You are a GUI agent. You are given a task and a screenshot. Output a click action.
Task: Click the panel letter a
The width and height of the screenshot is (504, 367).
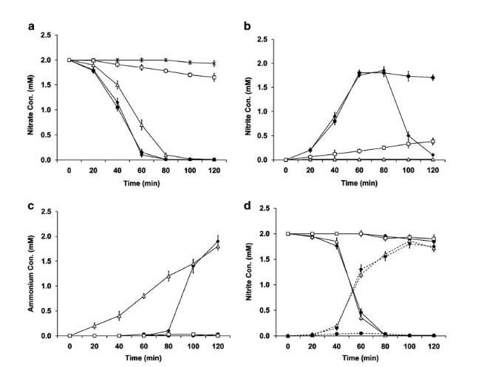pyautogui.click(x=31, y=27)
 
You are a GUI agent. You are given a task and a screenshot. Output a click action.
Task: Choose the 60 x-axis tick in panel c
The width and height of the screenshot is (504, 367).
pyautogui.click(x=143, y=344)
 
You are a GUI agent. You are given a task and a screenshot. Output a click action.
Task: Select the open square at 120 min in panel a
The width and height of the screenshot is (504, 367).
pyautogui.click(x=214, y=78)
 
